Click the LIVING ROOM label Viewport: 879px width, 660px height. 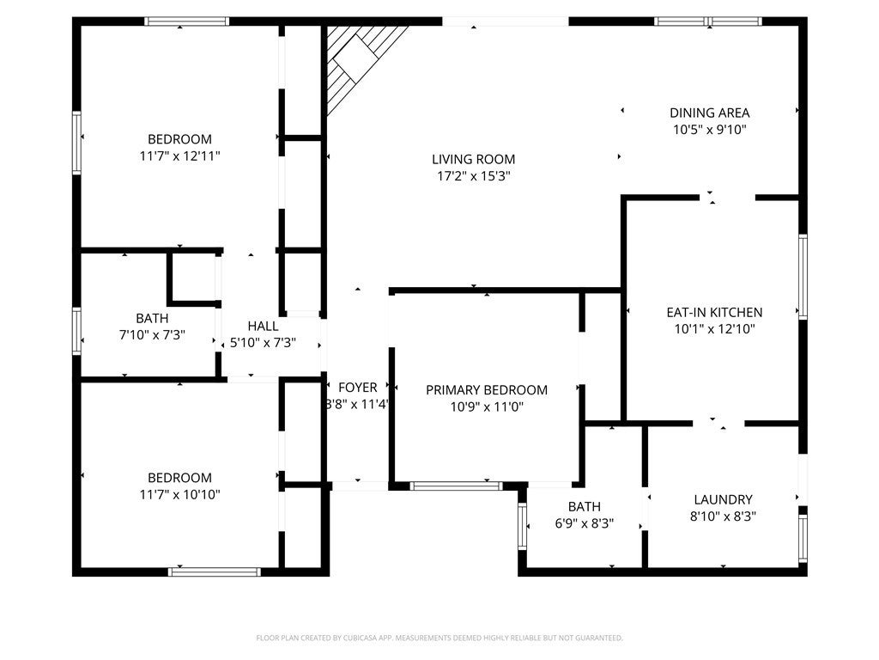(473, 159)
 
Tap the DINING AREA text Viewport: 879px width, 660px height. (709, 113)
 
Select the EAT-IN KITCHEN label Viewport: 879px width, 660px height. (714, 313)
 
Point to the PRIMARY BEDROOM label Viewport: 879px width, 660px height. (486, 390)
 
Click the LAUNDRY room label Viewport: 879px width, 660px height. (723, 499)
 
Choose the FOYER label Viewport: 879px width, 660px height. (357, 388)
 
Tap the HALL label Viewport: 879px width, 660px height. (263, 326)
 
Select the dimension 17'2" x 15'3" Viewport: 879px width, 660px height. (473, 176)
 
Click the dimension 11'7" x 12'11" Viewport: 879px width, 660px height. (179, 156)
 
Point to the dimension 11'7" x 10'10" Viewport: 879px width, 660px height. (179, 495)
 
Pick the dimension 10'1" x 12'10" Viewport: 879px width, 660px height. (714, 329)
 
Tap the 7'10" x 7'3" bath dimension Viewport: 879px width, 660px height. (151, 334)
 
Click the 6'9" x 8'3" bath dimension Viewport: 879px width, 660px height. (584, 523)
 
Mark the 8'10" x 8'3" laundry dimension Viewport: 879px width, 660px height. (723, 516)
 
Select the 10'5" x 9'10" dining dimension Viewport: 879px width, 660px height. (709, 130)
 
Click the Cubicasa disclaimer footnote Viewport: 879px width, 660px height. (439, 638)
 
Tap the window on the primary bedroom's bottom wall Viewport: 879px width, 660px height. (456, 486)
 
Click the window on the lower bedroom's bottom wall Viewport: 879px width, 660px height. (214, 571)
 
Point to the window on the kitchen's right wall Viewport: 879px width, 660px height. (803, 277)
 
